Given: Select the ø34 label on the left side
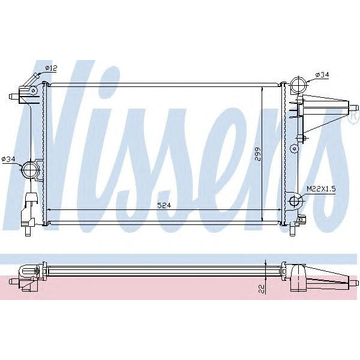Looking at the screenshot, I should point(8,158).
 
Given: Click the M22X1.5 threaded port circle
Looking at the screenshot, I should point(293,201).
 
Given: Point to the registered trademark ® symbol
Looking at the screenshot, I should point(350,120).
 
